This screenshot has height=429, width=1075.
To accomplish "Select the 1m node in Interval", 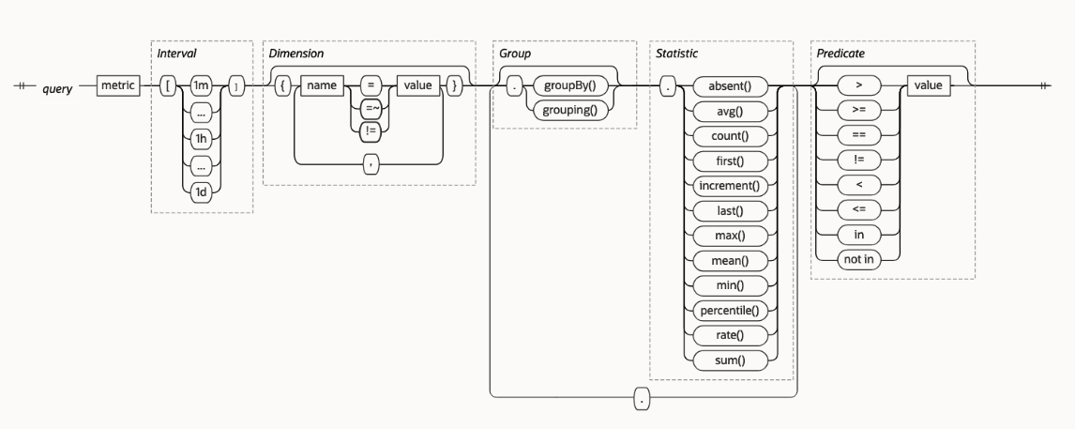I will click(x=201, y=86).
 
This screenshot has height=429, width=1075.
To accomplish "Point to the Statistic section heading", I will click(x=677, y=54).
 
